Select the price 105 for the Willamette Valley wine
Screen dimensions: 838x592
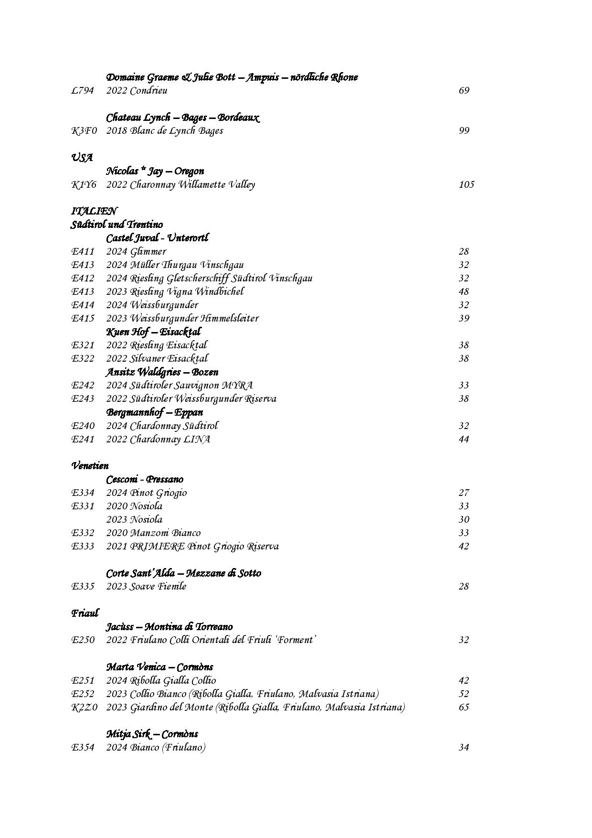pyautogui.click(x=466, y=184)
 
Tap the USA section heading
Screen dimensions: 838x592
pyautogui.click(x=82, y=158)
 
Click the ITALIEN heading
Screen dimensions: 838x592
pyautogui.click(x=94, y=211)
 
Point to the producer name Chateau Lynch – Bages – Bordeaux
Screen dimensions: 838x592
pyautogui.click(x=183, y=118)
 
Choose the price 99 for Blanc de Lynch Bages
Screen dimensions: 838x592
pyautogui.click(x=464, y=130)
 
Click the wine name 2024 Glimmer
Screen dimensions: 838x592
pyautogui.click(x=136, y=251)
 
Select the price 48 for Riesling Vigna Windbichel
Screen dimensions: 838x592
pyautogui.click(x=464, y=291)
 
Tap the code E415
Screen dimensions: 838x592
pyautogui.click(x=83, y=318)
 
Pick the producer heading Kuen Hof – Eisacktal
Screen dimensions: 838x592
pyautogui.click(x=153, y=332)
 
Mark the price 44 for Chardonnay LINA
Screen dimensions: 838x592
pyautogui.click(x=464, y=439)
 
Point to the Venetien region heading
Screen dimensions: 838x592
pyautogui.click(x=90, y=465)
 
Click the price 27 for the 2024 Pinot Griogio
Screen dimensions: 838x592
pyautogui.click(x=464, y=493)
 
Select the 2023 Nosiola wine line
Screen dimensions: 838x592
pyautogui.click(x=134, y=519)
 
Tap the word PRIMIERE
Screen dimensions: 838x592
pyautogui.click(x=157, y=546)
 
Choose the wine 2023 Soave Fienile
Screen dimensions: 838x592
pyautogui.click(x=146, y=586)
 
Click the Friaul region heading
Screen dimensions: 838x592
pyautogui.click(x=85, y=613)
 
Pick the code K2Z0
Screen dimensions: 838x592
pyautogui.click(x=84, y=707)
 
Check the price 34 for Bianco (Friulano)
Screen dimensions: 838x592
pyautogui.click(x=464, y=747)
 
